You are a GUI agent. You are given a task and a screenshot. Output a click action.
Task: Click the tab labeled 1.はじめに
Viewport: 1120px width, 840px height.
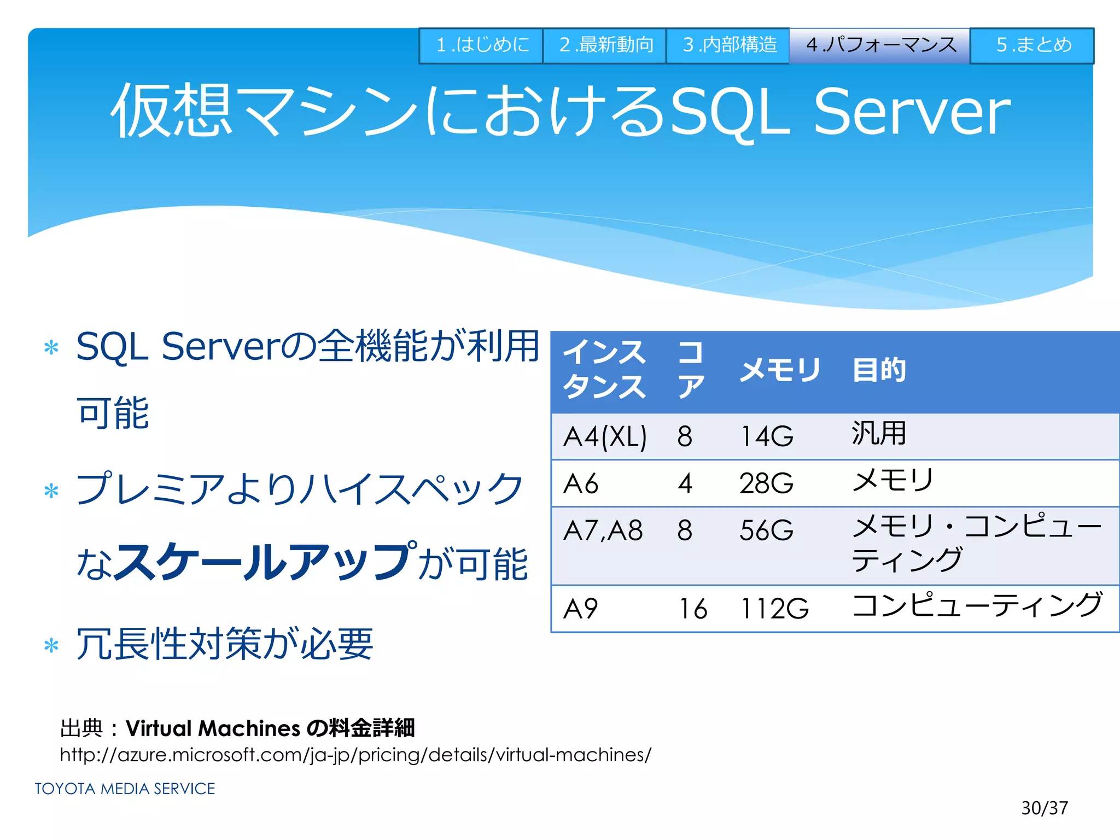pyautogui.click(x=481, y=45)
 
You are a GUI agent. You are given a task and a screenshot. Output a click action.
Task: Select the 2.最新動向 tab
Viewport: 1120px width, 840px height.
pyautogui.click(x=605, y=45)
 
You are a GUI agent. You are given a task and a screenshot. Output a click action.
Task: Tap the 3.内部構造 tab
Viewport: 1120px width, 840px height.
pyautogui.click(x=728, y=45)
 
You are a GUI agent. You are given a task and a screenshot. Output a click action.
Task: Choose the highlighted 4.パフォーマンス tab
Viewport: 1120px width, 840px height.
pyautogui.click(x=880, y=45)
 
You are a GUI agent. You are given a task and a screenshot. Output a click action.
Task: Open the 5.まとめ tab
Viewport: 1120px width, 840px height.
pyautogui.click(x=1032, y=45)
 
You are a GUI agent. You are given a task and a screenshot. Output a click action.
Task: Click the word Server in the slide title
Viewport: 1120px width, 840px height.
pyautogui.click(x=912, y=112)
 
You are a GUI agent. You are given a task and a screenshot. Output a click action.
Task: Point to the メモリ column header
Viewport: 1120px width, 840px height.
pyautogui.click(x=780, y=370)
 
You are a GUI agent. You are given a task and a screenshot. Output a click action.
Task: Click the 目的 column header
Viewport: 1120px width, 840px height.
pyautogui.click(x=879, y=370)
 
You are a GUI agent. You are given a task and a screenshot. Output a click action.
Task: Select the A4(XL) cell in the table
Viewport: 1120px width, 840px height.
pyautogui.click(x=605, y=437)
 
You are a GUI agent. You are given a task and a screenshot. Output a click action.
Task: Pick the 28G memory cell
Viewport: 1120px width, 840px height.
pyautogui.click(x=766, y=483)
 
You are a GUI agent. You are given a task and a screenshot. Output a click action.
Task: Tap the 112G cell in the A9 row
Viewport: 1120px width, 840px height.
pyautogui.click(x=774, y=609)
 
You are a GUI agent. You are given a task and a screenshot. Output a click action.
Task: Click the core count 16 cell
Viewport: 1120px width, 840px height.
pyautogui.click(x=693, y=609)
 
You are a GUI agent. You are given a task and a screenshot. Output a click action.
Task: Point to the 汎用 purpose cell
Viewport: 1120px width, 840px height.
pyautogui.click(x=879, y=434)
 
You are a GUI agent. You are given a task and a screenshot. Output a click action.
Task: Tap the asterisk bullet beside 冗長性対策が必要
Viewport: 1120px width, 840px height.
pyautogui.click(x=51, y=646)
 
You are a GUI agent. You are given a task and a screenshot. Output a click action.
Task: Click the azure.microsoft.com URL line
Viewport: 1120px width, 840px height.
pyautogui.click(x=355, y=755)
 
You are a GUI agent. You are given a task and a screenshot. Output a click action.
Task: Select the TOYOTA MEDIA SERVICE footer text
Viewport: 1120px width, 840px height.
pyautogui.click(x=125, y=789)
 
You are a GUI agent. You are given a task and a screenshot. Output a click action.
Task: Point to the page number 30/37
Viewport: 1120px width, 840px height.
pyautogui.click(x=1044, y=808)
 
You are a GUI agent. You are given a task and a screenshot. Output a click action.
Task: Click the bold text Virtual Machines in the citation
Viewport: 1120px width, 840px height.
pyautogui.click(x=213, y=728)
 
